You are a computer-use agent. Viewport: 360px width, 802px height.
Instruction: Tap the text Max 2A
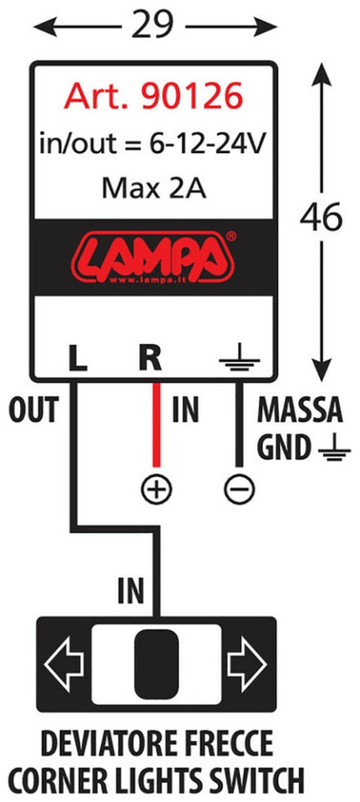[x=154, y=188]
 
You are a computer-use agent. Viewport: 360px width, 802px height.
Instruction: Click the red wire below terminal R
[x=157, y=424]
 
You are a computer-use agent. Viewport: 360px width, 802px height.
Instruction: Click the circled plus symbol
[x=157, y=491]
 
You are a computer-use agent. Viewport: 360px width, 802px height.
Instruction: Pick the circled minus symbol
[x=239, y=491]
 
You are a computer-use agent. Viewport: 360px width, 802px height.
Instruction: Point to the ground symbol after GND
[x=333, y=449]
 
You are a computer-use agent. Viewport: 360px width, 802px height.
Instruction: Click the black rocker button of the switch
[x=156, y=662]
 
